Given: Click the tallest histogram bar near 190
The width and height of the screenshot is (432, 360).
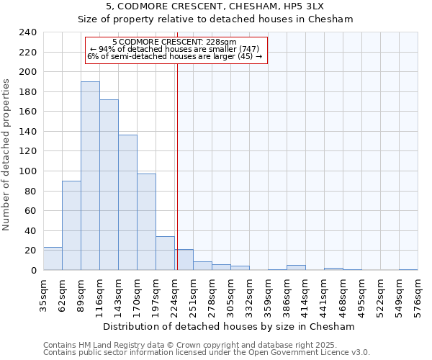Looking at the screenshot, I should [90, 176].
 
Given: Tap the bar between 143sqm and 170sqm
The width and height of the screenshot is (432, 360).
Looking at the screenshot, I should [127, 202].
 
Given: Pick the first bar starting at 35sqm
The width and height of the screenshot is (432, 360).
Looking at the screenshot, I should [53, 258].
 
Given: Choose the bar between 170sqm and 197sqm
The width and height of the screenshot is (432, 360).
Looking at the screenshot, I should [146, 222].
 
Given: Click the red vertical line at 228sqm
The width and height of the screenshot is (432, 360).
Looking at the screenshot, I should [176, 180].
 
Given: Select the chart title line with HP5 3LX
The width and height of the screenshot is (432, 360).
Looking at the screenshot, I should [216, 6].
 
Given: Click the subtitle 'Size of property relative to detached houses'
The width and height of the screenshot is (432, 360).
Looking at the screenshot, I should [216, 19].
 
